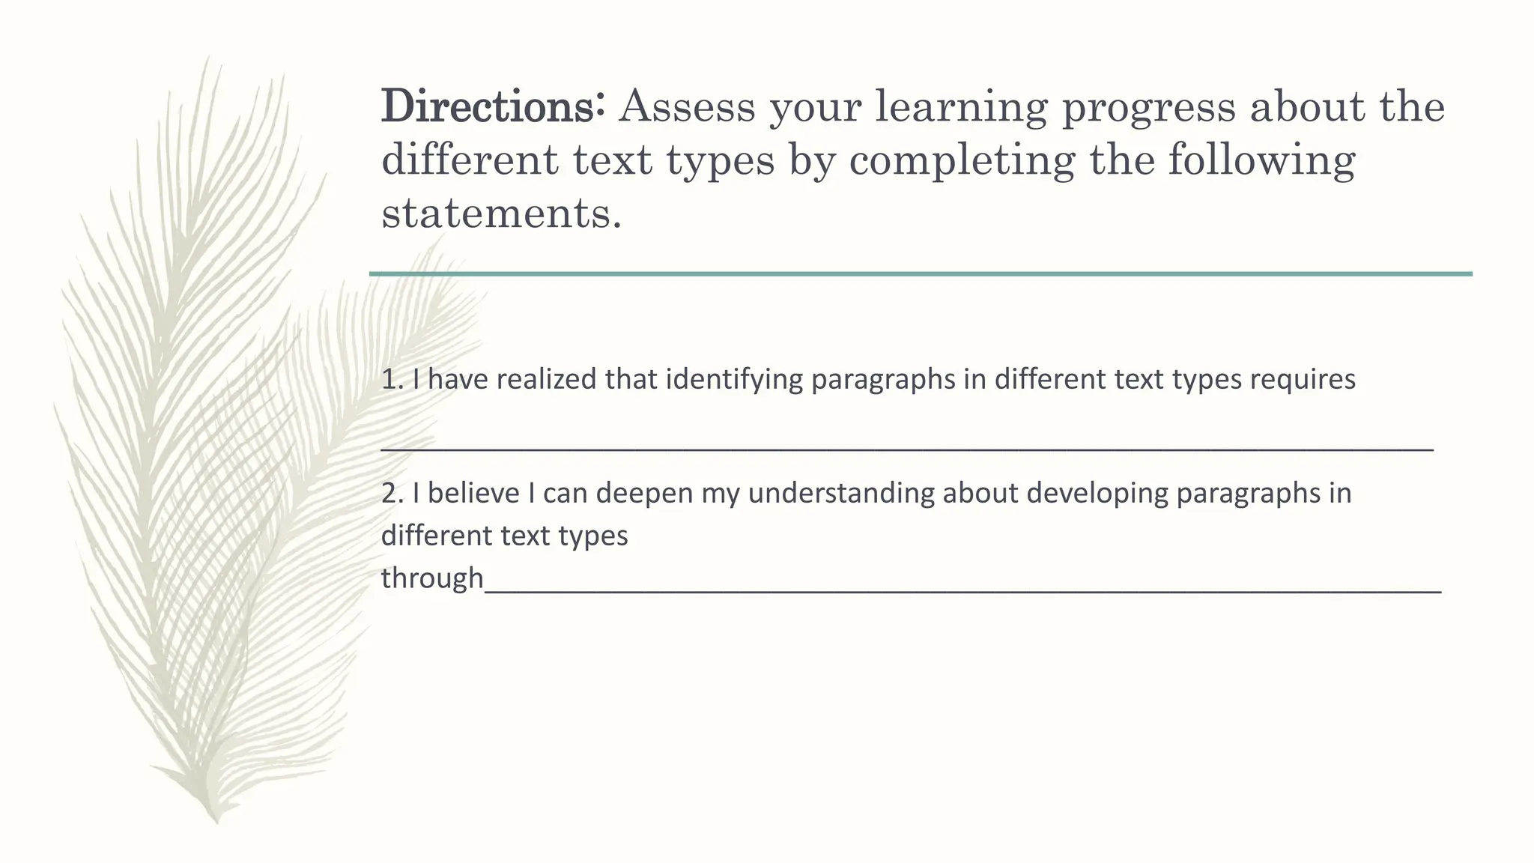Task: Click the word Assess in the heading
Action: (x=687, y=106)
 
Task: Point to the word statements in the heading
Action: (x=500, y=214)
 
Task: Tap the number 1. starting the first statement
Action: (x=392, y=380)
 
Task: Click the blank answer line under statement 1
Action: (x=906, y=449)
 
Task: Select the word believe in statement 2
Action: (x=473, y=494)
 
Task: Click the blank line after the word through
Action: (x=962, y=592)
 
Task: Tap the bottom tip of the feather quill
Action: (x=216, y=821)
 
